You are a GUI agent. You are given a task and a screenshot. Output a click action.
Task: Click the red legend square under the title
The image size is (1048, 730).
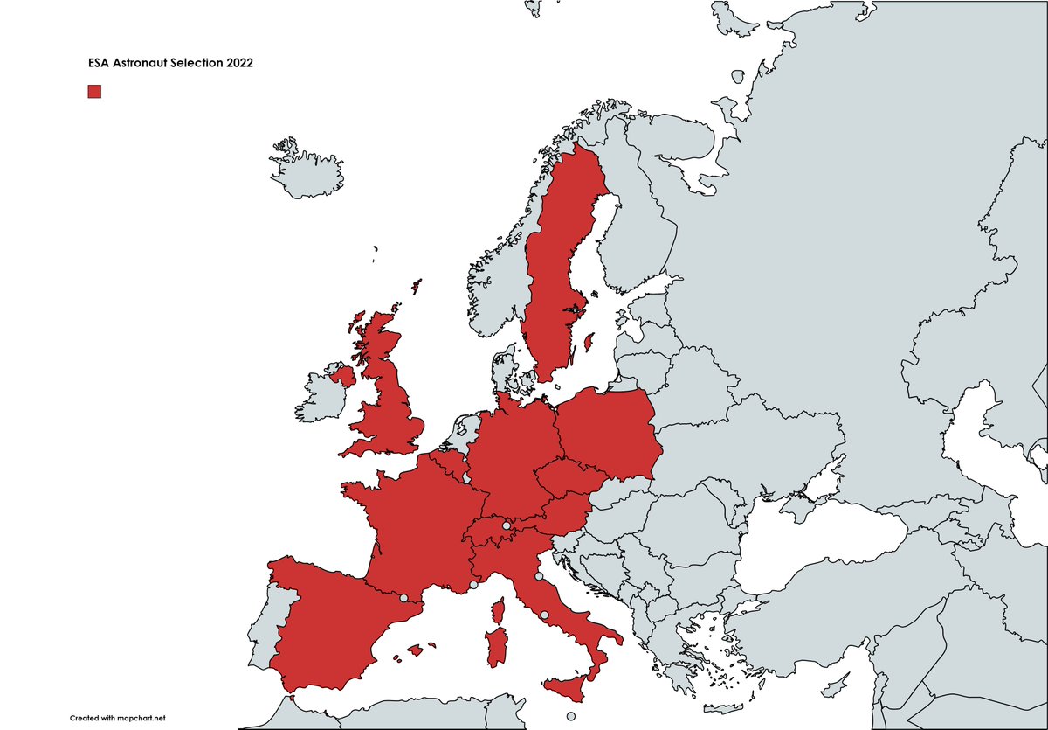tap(94, 92)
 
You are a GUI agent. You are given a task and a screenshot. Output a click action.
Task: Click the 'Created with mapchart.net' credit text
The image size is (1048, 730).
tap(118, 718)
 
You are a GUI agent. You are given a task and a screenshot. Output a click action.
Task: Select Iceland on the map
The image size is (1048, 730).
tap(306, 175)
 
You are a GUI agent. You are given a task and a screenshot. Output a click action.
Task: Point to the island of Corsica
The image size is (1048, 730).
tap(501, 608)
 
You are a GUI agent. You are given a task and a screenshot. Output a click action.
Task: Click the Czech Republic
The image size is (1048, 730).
tap(564, 478)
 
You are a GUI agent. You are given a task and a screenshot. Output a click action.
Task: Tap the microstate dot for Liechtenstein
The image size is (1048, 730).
tap(506, 526)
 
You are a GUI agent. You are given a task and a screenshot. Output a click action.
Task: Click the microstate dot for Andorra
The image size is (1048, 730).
tap(403, 599)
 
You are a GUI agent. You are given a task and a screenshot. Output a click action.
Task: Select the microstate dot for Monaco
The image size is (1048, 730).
tap(473, 586)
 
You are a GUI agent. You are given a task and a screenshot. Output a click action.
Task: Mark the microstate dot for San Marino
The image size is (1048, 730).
tap(539, 577)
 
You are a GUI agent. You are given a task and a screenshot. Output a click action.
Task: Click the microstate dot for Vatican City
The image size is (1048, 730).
tap(545, 616)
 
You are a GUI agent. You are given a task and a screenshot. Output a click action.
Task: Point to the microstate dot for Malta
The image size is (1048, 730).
tap(570, 718)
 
